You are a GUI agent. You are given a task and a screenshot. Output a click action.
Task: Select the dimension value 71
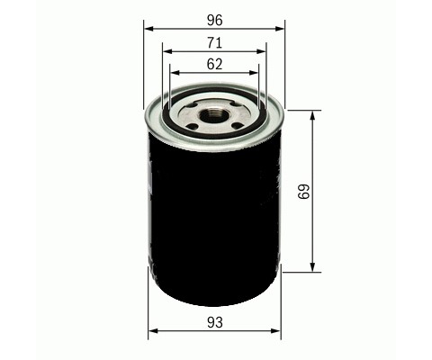[x=215, y=42]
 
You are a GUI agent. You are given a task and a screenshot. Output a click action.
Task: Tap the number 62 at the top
[x=215, y=64]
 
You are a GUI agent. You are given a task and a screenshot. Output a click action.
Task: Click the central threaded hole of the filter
[x=214, y=114]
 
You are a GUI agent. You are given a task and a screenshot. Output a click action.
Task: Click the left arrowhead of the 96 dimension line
[x=149, y=29]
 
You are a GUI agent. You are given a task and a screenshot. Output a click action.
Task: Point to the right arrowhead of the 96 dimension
[x=280, y=29]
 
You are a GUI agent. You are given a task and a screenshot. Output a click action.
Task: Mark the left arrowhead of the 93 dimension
[x=152, y=332]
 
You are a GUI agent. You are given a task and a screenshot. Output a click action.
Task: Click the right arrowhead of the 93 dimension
[x=276, y=332]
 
